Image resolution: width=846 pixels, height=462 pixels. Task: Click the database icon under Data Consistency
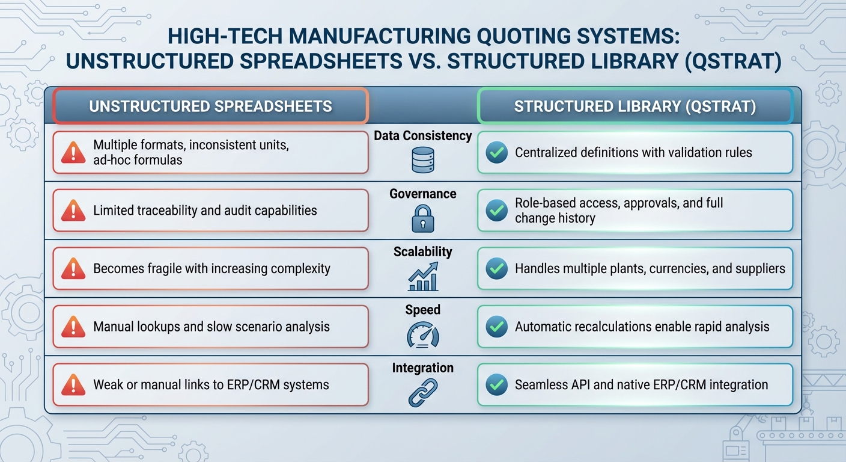pos(422,159)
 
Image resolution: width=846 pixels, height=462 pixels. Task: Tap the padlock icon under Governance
pos(422,218)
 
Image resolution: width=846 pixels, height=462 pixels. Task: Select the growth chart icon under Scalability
pos(422,276)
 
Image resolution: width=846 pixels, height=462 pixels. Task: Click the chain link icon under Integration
pos(422,392)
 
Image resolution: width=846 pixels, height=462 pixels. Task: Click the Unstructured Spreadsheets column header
pos(210,106)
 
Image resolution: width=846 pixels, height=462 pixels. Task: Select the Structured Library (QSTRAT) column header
pos(635,106)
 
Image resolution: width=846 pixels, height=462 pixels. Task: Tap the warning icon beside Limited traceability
pos(73,211)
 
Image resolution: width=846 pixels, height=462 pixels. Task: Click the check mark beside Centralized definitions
pos(496,153)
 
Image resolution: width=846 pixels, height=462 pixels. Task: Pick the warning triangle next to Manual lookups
pos(73,327)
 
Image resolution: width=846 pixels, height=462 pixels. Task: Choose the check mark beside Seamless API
pos(496,385)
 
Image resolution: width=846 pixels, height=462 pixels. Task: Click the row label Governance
pos(422,194)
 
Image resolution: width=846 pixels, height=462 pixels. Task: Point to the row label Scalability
pos(422,251)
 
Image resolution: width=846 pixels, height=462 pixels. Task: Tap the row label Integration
pos(422,368)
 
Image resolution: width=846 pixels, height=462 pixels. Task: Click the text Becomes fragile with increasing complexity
pos(211,268)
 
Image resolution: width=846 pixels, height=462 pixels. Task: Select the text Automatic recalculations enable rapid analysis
pos(642,327)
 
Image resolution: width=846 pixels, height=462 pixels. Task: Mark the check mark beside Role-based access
pos(496,211)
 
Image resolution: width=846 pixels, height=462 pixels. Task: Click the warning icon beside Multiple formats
pos(73,153)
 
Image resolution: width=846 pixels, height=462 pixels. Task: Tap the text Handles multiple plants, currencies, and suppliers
pos(650,268)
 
